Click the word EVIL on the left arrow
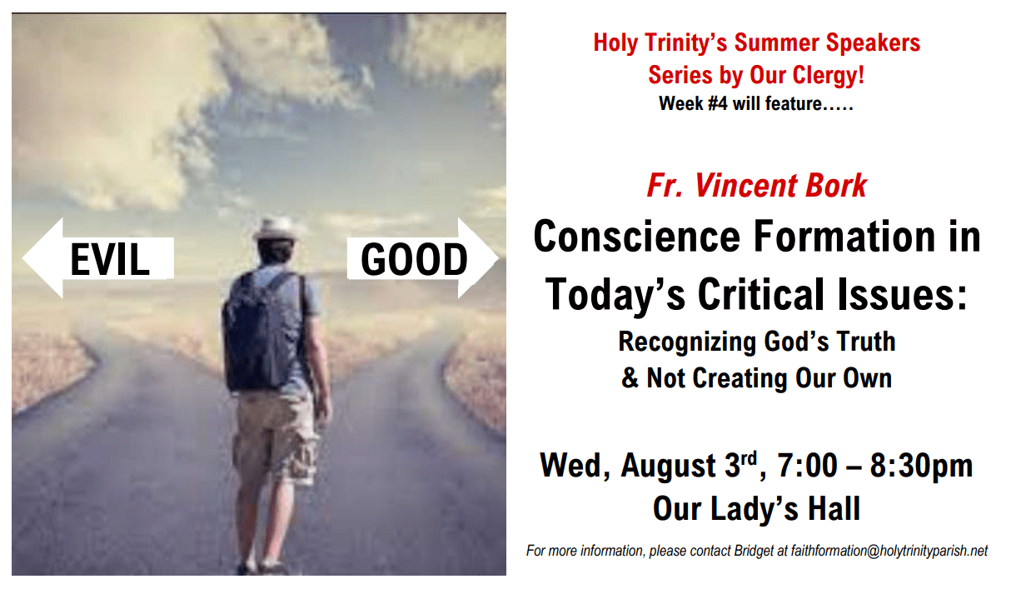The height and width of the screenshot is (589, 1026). pyautogui.click(x=109, y=260)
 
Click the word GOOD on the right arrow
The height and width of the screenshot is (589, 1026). pyautogui.click(x=414, y=260)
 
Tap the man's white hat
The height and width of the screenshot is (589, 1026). pyautogui.click(x=276, y=228)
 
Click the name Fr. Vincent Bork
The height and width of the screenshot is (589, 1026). pyautogui.click(x=756, y=185)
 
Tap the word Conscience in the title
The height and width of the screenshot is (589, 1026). pyautogui.click(x=638, y=237)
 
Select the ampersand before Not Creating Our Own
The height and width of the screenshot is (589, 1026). pyautogui.click(x=630, y=378)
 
